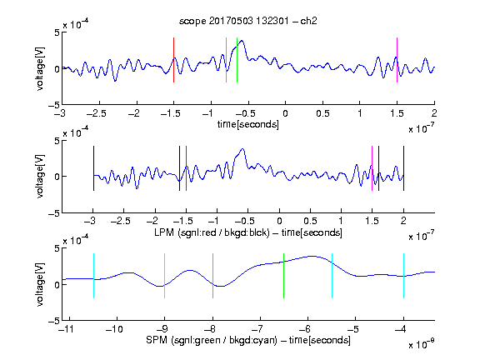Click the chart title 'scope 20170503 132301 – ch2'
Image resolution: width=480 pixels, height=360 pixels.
coord(247,21)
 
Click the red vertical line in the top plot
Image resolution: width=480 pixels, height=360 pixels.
coord(173,60)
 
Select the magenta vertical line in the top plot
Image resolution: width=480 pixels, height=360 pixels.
coord(397,60)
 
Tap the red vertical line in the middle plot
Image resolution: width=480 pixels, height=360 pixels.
coord(186,168)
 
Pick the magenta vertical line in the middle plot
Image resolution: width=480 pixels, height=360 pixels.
coord(372,168)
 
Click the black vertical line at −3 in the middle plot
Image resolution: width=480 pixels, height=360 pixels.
coord(93,168)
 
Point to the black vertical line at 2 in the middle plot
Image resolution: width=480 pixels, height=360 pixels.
coord(403,168)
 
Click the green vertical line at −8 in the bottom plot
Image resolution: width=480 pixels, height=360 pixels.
coord(212,276)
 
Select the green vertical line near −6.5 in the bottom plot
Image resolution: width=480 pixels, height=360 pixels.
coord(284,276)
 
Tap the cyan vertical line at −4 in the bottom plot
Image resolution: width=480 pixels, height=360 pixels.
coord(403,276)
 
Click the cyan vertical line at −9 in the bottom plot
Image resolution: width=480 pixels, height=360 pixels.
coord(164,276)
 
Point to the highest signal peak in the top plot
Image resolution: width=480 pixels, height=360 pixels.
coord(242,40)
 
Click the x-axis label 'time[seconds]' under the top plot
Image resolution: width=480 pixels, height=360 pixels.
coord(248,124)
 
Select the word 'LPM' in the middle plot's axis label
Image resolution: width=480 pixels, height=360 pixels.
coord(164,232)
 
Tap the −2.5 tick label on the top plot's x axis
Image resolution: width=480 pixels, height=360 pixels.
coord(97,113)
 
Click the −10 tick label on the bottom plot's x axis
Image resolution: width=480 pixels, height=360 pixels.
coord(114,329)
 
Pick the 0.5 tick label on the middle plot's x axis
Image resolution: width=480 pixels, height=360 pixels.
coord(310,221)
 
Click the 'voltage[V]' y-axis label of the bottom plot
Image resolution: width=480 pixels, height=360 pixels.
coord(40,284)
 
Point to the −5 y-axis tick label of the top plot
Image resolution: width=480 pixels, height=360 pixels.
coord(54,105)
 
